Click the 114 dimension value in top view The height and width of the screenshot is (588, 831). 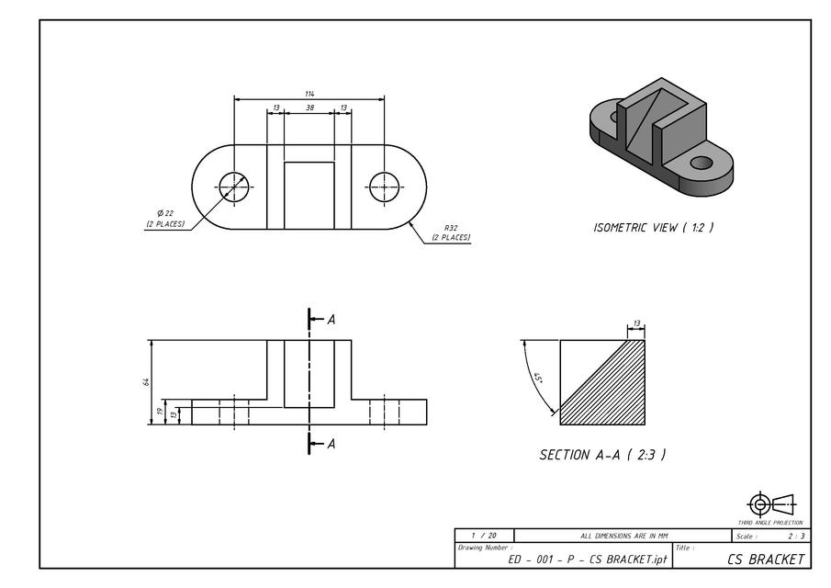coord(309,94)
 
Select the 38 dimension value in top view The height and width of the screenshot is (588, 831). coord(309,107)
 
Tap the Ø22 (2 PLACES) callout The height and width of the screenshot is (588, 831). coord(165,219)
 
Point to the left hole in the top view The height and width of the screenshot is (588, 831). coord(234,187)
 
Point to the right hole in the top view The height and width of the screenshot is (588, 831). coord(385,187)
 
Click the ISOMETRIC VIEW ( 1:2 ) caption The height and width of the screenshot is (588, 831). coord(653,227)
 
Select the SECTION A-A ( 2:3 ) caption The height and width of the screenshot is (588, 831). coord(602,455)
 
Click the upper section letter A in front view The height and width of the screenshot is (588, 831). coord(331,320)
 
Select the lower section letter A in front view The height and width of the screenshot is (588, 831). coord(331,444)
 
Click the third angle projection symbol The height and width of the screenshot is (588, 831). coord(772,504)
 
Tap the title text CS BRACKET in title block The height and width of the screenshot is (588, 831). coord(766,559)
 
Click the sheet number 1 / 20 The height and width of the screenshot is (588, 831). coord(484,535)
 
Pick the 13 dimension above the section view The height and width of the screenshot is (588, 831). coord(635,324)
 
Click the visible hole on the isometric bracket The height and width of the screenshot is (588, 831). coord(702,163)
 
